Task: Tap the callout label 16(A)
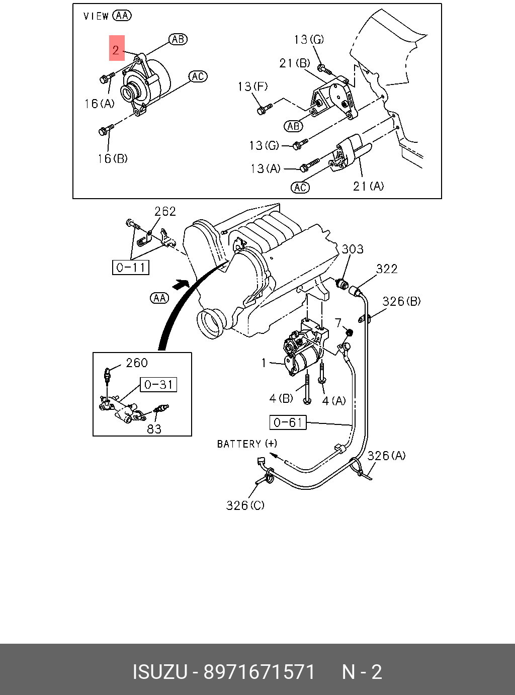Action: click(x=100, y=104)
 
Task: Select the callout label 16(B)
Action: click(x=113, y=158)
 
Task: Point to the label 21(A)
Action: click(x=368, y=187)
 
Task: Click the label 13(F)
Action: click(x=252, y=86)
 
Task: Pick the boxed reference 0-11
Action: click(x=131, y=268)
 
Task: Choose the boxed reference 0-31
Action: click(x=158, y=385)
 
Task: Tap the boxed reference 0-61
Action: click(x=288, y=422)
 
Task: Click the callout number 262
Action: click(x=165, y=212)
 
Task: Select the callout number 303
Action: click(x=353, y=249)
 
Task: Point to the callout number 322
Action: click(x=387, y=269)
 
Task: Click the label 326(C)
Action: click(x=245, y=505)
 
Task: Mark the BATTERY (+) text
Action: click(x=247, y=444)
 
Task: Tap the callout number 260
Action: click(x=137, y=363)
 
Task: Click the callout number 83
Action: click(x=154, y=428)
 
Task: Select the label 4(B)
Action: click(x=281, y=398)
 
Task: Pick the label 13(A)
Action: click(x=266, y=169)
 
